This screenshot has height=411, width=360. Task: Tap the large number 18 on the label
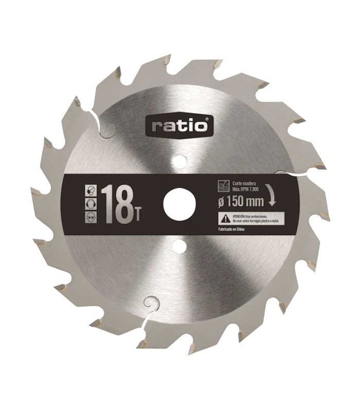[116, 204]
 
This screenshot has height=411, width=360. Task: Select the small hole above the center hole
[179, 161]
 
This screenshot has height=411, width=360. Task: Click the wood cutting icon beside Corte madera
[223, 185]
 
